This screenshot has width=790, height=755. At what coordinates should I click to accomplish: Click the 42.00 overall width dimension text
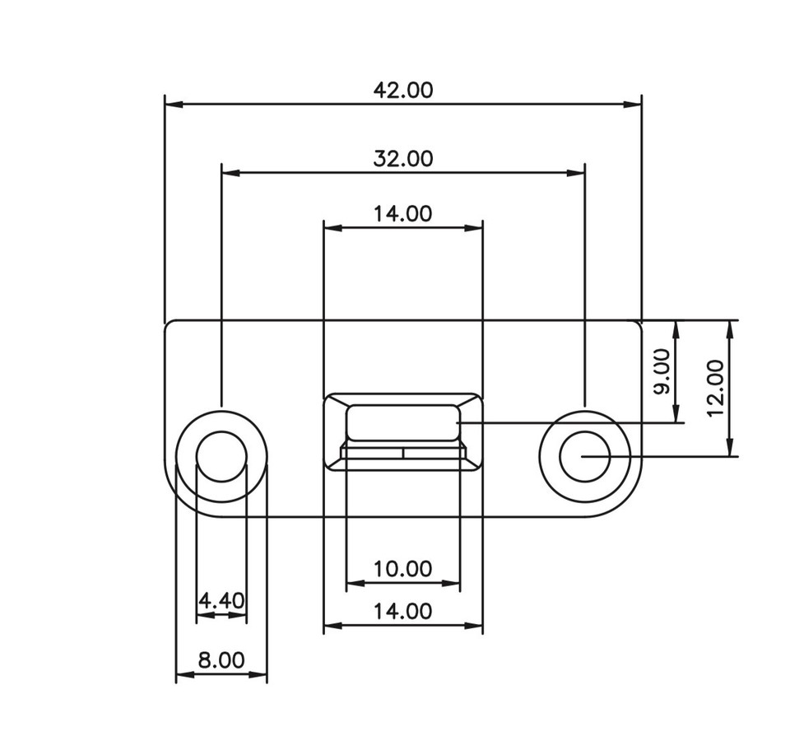[402, 90]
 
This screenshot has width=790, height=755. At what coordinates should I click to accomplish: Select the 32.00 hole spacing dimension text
[402, 158]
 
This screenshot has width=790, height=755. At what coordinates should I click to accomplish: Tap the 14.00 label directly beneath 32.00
[402, 214]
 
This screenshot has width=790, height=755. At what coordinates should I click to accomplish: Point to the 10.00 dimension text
[402, 569]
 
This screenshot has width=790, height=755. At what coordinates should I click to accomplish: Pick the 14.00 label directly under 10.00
[402, 612]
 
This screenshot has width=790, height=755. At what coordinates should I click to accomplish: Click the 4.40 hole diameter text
[221, 600]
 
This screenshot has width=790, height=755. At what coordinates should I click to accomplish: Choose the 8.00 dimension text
[221, 660]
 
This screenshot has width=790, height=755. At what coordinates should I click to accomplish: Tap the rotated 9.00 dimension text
[662, 371]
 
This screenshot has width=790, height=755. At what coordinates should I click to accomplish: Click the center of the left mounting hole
[221, 456]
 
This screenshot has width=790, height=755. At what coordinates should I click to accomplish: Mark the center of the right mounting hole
[584, 456]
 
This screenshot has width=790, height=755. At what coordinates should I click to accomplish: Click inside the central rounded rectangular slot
[402, 422]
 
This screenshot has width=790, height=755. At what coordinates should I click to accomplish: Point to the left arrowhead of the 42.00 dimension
[171, 105]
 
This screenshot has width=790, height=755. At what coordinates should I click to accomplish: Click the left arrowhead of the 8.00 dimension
[183, 676]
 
